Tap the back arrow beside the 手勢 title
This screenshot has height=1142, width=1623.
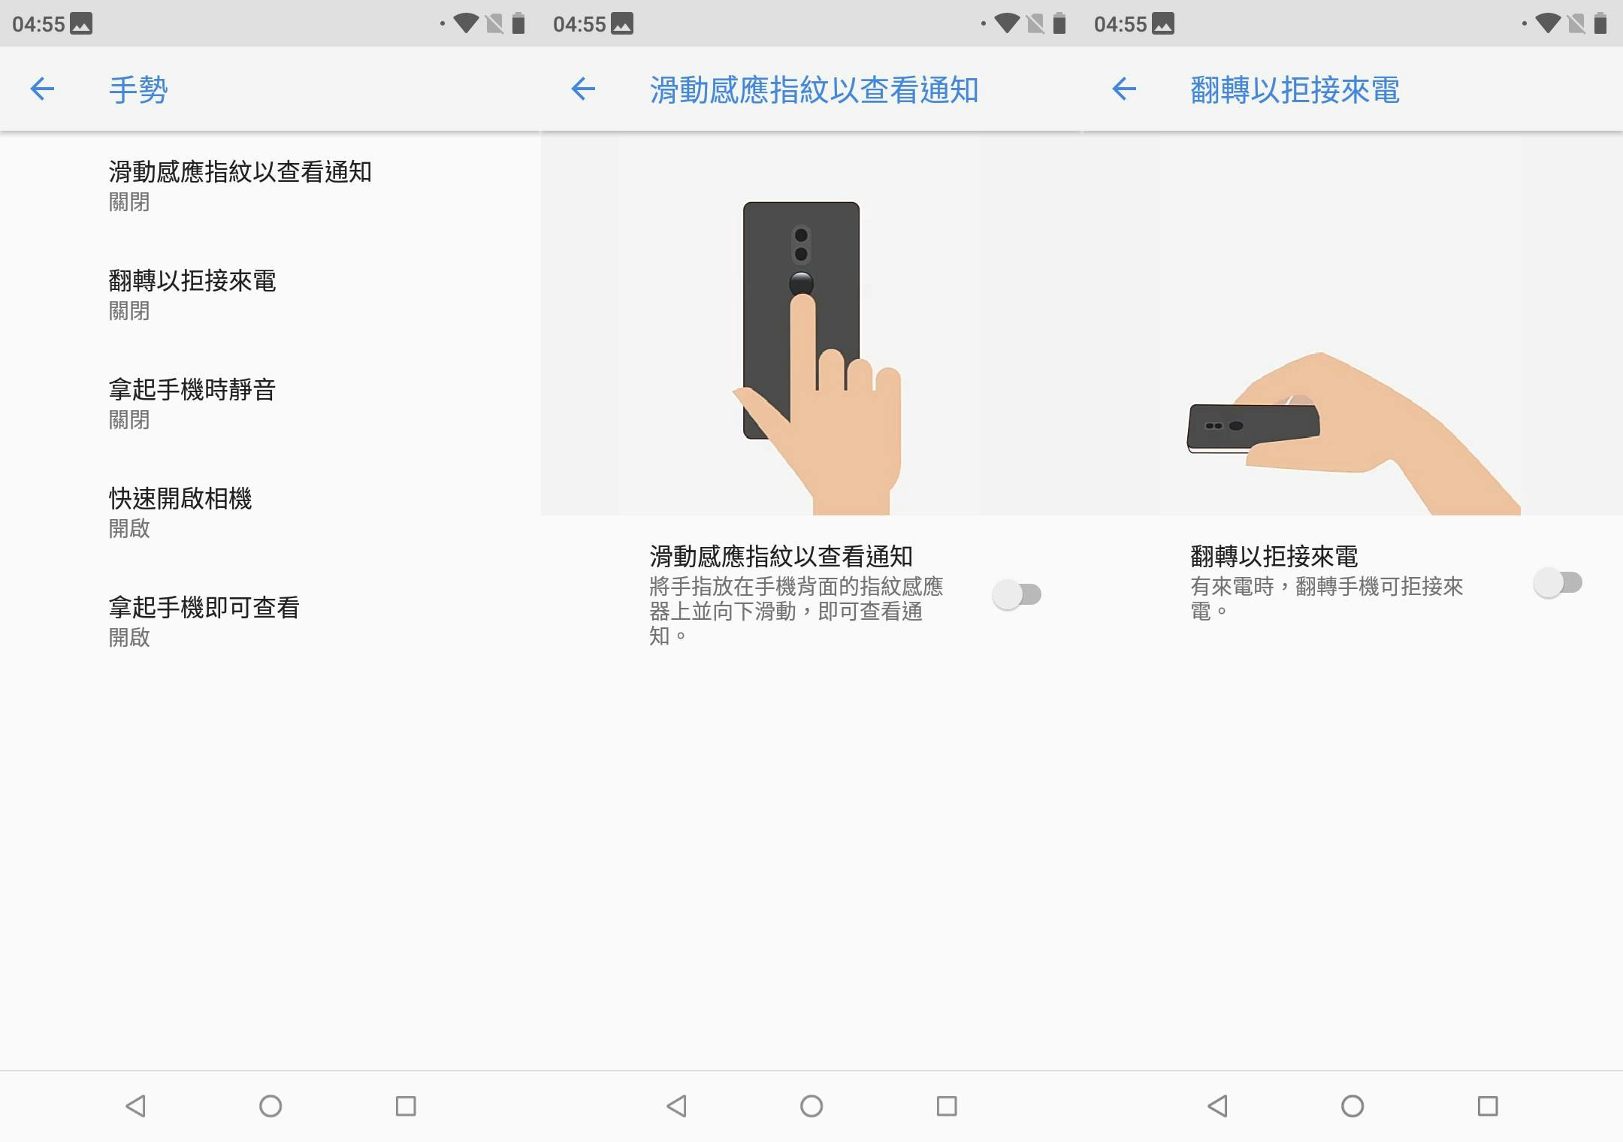tap(42, 89)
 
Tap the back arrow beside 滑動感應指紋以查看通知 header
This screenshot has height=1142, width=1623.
tap(583, 89)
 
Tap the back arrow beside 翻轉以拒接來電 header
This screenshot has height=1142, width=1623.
tap(1124, 89)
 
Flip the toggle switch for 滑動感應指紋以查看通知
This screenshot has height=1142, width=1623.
tap(1017, 595)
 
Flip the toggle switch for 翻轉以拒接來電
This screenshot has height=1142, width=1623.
tap(1558, 583)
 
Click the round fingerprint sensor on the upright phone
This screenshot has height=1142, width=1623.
tap(802, 282)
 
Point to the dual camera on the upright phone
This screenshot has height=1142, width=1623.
tap(801, 245)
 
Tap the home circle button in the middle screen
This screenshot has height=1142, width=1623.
tap(811, 1106)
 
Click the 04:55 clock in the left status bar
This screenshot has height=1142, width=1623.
tap(38, 24)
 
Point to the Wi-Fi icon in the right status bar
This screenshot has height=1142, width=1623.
tap(1548, 23)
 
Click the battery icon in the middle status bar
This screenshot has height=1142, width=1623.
tap(1059, 23)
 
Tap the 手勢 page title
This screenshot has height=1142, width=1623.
tap(138, 89)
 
